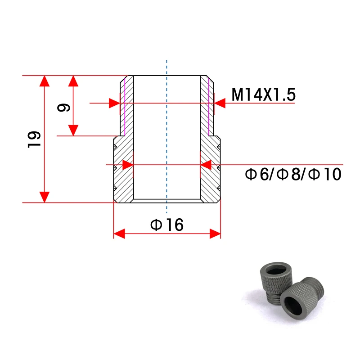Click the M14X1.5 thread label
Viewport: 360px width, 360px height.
[x=263, y=94]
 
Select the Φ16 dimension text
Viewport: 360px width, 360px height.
[x=167, y=225]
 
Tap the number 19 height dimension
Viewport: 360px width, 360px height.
[x=34, y=139]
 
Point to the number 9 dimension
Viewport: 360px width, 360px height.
[x=63, y=108]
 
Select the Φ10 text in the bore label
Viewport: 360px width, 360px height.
[x=324, y=174]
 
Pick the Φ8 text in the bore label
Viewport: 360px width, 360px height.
[x=288, y=174]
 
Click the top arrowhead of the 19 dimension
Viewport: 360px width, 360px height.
[x=44, y=81]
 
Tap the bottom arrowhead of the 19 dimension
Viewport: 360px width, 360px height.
[x=44, y=197]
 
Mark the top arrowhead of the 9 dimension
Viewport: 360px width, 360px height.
[x=73, y=81]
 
